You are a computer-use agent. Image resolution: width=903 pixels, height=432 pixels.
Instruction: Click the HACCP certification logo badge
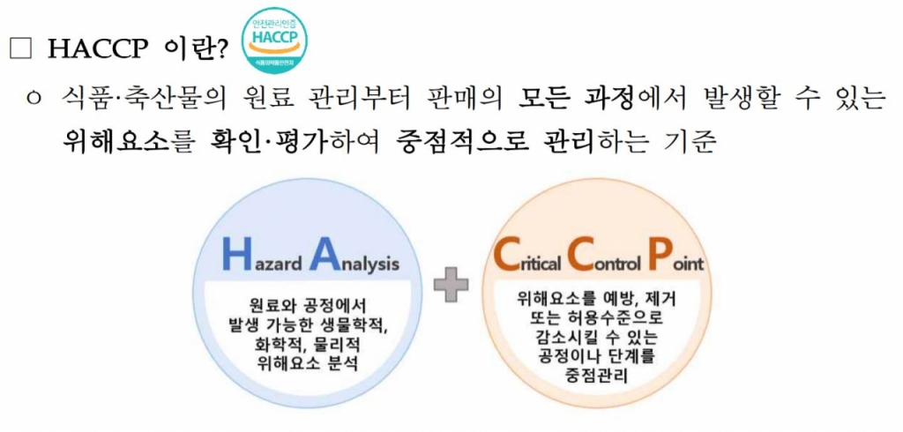(x=274, y=40)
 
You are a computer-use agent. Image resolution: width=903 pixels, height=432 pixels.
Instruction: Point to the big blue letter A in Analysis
(x=324, y=254)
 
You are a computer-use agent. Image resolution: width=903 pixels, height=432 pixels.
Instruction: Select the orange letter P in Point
(x=657, y=254)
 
